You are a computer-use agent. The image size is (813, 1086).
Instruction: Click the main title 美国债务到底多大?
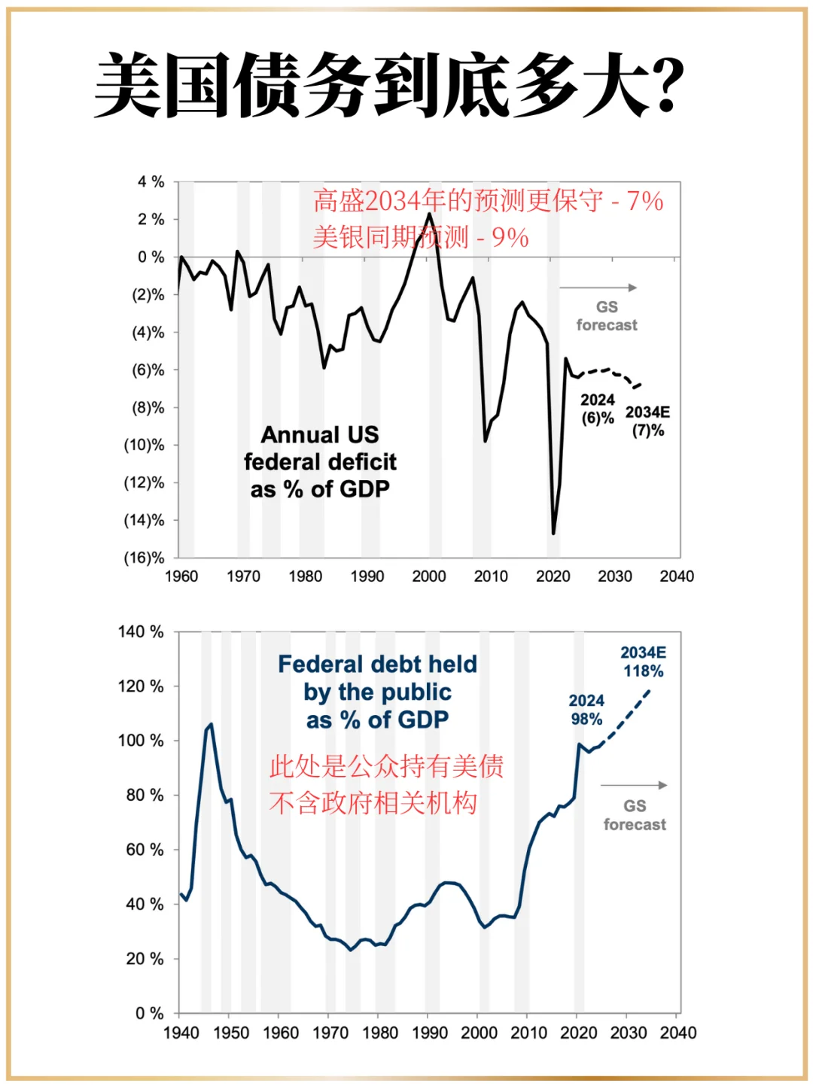point(389,84)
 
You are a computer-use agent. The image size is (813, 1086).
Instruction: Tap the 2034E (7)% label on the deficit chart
point(647,421)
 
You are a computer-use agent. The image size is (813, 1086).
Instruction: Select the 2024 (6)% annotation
point(598,409)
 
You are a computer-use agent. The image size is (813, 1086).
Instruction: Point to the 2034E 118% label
point(643,662)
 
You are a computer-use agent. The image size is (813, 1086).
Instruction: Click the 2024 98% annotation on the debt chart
point(586,710)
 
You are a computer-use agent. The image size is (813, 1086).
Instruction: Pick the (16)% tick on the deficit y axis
point(144,558)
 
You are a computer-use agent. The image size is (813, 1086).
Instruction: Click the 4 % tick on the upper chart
point(151,182)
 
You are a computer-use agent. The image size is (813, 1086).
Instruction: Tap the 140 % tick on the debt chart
point(141,631)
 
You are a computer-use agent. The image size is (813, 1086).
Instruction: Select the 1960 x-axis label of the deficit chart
point(181,576)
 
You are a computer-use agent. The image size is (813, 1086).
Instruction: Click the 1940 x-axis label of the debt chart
point(181,1033)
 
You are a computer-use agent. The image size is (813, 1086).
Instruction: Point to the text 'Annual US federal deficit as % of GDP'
point(320,462)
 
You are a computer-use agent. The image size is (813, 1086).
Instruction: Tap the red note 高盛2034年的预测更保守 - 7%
point(488,201)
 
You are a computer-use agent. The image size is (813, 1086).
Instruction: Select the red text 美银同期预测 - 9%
point(420,238)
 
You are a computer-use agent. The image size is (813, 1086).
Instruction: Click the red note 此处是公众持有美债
point(386,766)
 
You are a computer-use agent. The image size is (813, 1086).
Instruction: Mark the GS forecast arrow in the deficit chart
point(598,287)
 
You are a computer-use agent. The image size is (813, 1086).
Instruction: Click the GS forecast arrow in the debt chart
point(634,785)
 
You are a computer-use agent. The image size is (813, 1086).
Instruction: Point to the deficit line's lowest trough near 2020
point(553,534)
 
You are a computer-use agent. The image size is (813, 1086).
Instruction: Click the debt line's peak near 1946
point(211,724)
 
